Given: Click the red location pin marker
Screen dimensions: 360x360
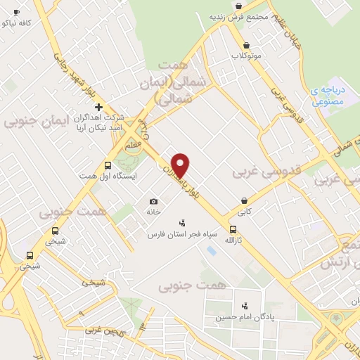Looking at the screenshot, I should click(181, 165).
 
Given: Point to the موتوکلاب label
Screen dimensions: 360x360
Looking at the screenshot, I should click(246, 55).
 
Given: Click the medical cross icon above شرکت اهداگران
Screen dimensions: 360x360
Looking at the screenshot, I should click(99, 107).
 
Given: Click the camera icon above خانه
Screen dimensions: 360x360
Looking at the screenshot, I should click(154, 202).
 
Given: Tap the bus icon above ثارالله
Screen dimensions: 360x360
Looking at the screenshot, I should click(233, 229).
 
